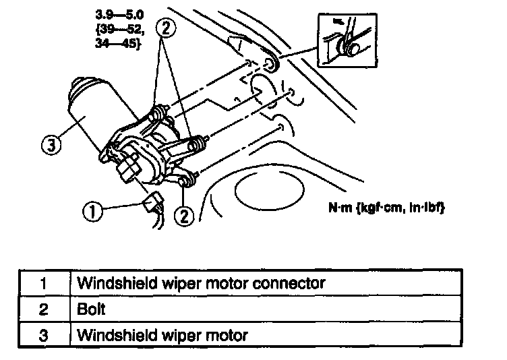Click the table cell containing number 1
click(x=43, y=282)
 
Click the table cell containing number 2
click(x=43, y=309)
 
